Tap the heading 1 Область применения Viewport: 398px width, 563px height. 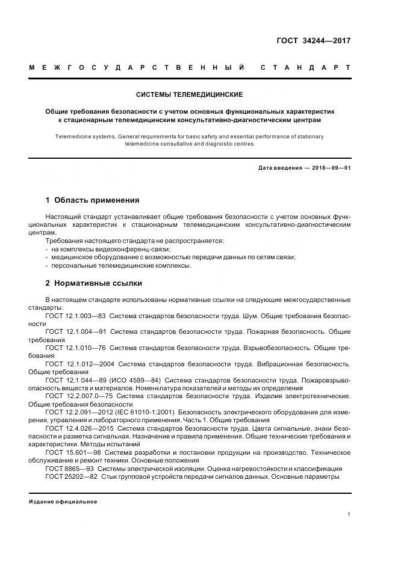coord(92,200)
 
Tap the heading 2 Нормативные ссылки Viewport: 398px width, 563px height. coord(93,283)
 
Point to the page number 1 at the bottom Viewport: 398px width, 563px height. coord(349,514)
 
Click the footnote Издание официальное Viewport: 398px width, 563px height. coord(63,501)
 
